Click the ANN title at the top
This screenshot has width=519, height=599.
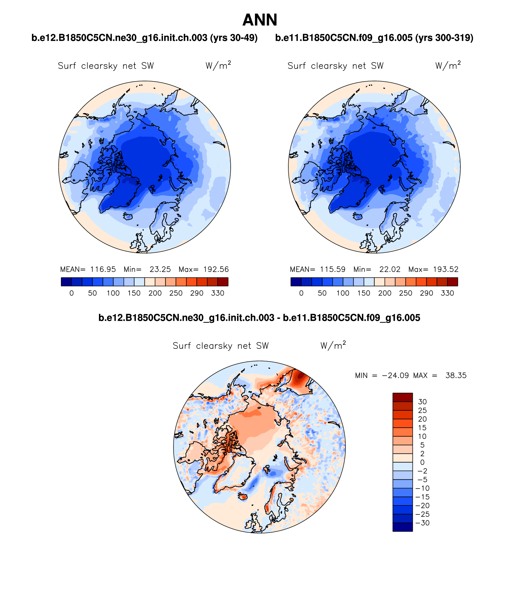pyautogui.click(x=260, y=20)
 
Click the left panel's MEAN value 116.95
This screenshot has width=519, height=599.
pyautogui.click(x=103, y=269)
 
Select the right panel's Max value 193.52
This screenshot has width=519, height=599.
pyautogui.click(x=446, y=269)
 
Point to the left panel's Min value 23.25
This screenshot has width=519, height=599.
pyautogui.click(x=160, y=269)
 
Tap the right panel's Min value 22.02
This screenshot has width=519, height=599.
pyautogui.click(x=390, y=269)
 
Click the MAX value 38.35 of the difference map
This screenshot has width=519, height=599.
pyautogui.click(x=456, y=375)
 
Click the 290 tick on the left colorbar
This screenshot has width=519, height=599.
pyautogui.click(x=197, y=293)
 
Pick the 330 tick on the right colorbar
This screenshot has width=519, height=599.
pyautogui.click(x=447, y=293)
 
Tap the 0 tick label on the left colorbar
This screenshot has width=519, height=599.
pyautogui.click(x=71, y=293)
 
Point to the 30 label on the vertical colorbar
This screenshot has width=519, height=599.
pyautogui.click(x=422, y=402)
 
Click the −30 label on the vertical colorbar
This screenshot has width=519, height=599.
pyautogui.click(x=422, y=523)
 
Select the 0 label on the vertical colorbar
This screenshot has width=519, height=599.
pyautogui.click(x=422, y=462)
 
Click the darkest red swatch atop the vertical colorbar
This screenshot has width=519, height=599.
pyautogui.click(x=402, y=397)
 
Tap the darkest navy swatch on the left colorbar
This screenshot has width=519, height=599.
pyautogui.click(x=66, y=282)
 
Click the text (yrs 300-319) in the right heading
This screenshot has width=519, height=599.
pyautogui.click(x=444, y=38)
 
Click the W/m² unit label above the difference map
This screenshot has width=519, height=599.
pyautogui.click(x=333, y=346)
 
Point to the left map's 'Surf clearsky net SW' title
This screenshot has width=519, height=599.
pyautogui.click(x=106, y=66)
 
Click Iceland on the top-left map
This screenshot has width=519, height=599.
pyautogui.click(x=128, y=216)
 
